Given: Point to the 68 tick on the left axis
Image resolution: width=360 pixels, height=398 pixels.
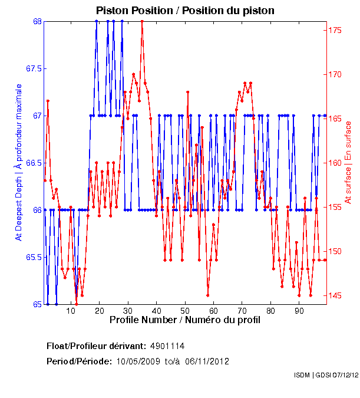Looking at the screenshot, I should (x=38, y=21).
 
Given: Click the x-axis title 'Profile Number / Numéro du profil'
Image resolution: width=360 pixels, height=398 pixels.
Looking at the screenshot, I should (x=184, y=321).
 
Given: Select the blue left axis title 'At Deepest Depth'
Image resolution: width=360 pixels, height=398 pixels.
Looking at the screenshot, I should (x=19, y=162).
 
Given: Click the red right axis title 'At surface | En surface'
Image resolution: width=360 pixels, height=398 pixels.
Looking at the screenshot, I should (x=348, y=162).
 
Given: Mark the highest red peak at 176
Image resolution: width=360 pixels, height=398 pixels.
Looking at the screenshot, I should (x=142, y=21).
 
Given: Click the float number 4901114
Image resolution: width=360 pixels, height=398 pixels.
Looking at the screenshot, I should (x=167, y=346).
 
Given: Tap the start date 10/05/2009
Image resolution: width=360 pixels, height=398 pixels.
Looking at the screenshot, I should (x=137, y=361).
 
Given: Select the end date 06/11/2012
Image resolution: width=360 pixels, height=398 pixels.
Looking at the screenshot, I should (x=207, y=361).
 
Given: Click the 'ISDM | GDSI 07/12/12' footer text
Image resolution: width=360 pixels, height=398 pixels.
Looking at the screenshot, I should (x=326, y=375).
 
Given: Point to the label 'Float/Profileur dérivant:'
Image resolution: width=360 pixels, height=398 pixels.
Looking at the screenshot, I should (x=96, y=346).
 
